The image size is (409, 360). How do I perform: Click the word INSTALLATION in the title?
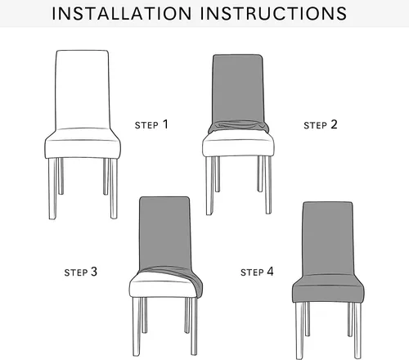coord(122,13)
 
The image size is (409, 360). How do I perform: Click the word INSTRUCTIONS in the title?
coord(274,13)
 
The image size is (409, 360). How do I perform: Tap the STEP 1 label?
coord(151,124)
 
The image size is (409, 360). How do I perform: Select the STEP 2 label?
coord(321,124)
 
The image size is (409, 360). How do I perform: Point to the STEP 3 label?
coord(81,272)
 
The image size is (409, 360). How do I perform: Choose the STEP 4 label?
coord(257,272)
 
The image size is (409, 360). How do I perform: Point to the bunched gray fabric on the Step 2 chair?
coord(238,127)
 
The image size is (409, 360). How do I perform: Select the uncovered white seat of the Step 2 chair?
coord(238,146)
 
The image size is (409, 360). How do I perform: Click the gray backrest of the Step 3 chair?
coord(164,232)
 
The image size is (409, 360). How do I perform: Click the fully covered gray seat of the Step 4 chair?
coord(328,289)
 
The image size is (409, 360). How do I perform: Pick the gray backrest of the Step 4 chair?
coord(328,239)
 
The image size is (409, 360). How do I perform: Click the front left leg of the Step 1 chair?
coord(52,189)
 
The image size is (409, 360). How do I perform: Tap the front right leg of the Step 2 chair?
coord(268,185)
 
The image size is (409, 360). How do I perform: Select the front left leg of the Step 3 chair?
coord(137,326)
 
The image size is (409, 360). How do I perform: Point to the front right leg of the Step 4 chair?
coord(357,331)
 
